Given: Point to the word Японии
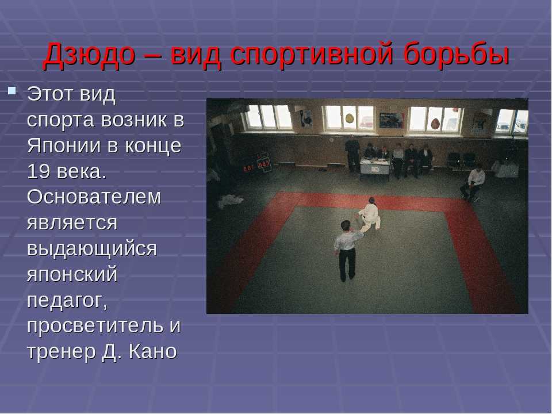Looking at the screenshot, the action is tap(64, 145).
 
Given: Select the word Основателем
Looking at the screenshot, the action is tap(94, 197).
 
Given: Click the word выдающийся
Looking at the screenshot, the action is tap(92, 250).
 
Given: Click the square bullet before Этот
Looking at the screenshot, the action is tap(12, 91).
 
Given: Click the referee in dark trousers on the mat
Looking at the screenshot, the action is tap(347, 251).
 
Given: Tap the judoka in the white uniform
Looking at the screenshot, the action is tap(369, 214).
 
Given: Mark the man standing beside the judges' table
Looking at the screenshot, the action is tap(352, 154).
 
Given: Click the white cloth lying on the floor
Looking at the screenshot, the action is tap(230, 201).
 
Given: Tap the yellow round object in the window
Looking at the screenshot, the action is tap(349, 118).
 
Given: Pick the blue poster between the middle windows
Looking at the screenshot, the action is tap(391, 120).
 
